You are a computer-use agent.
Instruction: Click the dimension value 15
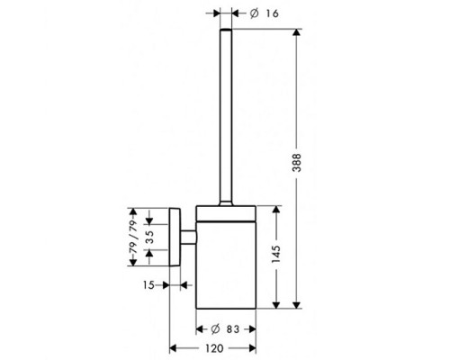pyautogui.click(x=150, y=284)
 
